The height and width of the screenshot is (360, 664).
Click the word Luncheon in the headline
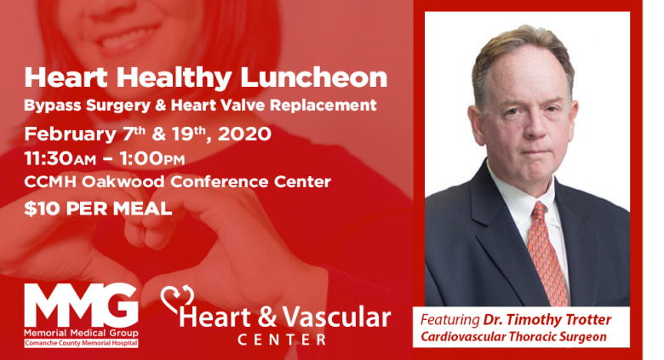coord(314,77)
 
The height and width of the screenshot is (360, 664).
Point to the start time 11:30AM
coord(60,159)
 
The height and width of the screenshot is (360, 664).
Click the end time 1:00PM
coord(152,159)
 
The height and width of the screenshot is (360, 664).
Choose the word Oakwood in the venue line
coord(123,181)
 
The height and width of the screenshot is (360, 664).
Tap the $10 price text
coord(37,209)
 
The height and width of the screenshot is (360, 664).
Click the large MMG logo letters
coord(81,306)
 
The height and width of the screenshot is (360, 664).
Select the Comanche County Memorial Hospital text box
coord(81,343)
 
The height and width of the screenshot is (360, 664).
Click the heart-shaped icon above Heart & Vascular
coord(177,299)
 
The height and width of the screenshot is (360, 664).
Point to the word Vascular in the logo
coord(336,317)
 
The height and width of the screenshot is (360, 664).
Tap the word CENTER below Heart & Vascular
coord(282,340)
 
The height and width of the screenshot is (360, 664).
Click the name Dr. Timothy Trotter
coord(547,320)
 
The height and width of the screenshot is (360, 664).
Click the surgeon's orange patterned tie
coord(547,254)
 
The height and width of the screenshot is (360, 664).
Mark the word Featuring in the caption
coord(449,320)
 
